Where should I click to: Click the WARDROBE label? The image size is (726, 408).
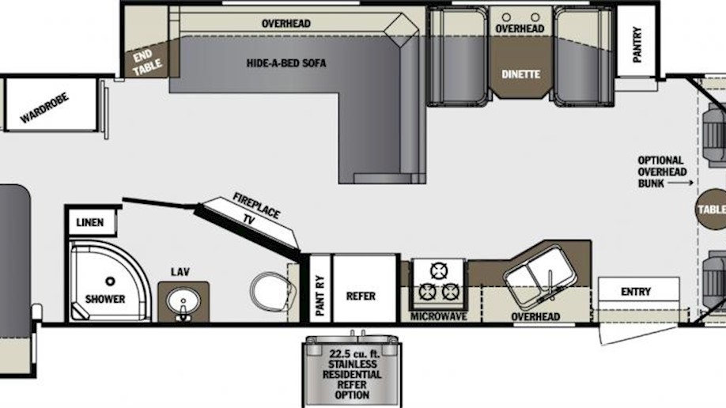coord(44,108)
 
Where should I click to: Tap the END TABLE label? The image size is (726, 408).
coord(146,62)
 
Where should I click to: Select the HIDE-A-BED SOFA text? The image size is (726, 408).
coord(286,63)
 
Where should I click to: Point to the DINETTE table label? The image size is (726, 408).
coord(521,74)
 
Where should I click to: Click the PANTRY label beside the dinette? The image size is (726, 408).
coord(637,44)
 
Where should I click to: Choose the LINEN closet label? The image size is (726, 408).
coord(90,223)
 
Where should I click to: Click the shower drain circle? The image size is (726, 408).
coord(110,281)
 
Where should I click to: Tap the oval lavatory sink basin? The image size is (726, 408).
coord(183,301)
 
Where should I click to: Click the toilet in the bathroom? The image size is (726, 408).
coord(273,293)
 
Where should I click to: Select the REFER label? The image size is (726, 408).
coord(361,296)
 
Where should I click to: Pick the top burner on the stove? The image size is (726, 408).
coord(438,271)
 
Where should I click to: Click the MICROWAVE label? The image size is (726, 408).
coord(438,317)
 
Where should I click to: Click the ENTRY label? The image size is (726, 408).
coord(636,292)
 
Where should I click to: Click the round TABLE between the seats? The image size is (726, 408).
coord(711,210)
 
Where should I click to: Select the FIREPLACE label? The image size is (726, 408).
coord(256,206)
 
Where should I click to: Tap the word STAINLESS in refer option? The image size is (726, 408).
coord(353,365)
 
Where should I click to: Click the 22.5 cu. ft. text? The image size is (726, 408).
coord(354,353)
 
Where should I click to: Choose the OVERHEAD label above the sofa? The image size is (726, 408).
coord(286,24)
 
